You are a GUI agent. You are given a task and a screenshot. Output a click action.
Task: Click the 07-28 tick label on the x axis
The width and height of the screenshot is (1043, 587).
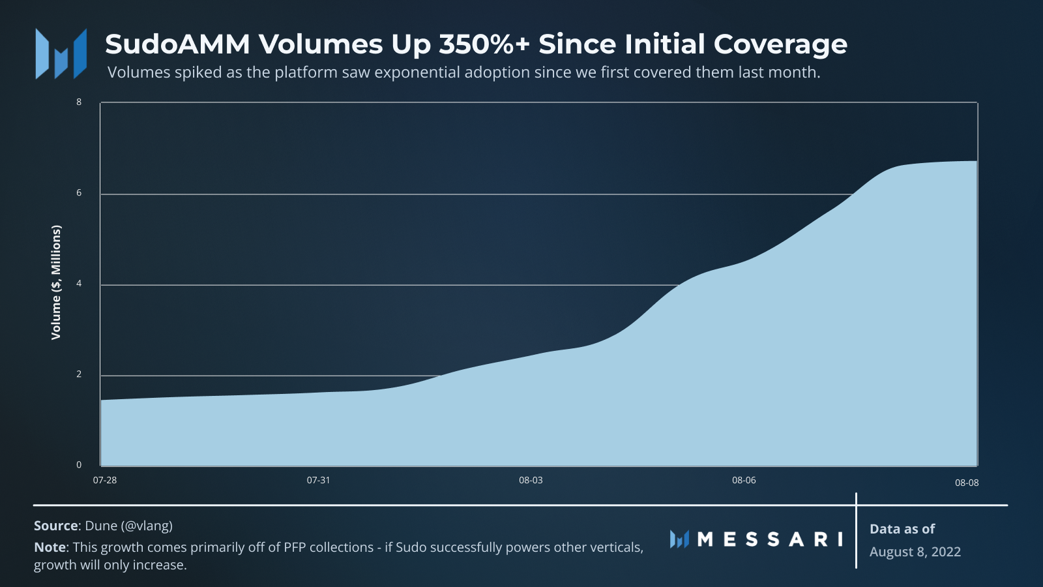[x=105, y=480]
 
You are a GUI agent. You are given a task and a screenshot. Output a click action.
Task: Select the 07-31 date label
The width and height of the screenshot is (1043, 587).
[x=318, y=480]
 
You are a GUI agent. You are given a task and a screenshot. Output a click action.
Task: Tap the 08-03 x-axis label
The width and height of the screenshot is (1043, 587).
[x=531, y=480]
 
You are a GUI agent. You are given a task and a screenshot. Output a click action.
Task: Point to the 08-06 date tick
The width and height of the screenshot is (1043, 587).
[x=744, y=480]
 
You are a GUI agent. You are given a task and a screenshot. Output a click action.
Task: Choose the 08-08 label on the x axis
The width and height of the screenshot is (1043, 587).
[x=967, y=483]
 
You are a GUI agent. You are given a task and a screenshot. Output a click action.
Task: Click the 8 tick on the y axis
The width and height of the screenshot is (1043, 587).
[x=79, y=102]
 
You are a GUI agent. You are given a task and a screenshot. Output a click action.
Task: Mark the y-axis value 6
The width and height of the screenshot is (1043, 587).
[x=79, y=193]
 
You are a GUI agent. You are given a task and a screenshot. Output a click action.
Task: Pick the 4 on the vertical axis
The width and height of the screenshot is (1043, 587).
[x=79, y=284]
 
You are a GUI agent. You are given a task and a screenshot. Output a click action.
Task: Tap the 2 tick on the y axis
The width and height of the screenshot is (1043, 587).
[x=79, y=374]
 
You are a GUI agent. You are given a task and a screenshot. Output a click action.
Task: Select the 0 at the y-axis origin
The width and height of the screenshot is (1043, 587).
[x=79, y=465]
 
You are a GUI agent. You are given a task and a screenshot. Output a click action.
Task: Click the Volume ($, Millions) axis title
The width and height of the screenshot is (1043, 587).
[x=56, y=282]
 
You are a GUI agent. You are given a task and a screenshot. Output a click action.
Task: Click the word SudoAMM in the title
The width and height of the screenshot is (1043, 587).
[x=177, y=44]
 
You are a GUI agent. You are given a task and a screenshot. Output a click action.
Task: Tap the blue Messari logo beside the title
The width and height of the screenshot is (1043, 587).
[x=61, y=53]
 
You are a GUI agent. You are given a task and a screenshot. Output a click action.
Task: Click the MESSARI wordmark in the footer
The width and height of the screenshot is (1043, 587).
[x=770, y=539]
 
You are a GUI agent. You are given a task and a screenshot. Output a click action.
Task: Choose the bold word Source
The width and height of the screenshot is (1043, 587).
[x=56, y=526]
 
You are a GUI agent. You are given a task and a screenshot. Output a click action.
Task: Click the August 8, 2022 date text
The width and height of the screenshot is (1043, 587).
[x=915, y=552]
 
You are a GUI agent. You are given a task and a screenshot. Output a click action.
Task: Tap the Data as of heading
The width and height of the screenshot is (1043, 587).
[x=902, y=529]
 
